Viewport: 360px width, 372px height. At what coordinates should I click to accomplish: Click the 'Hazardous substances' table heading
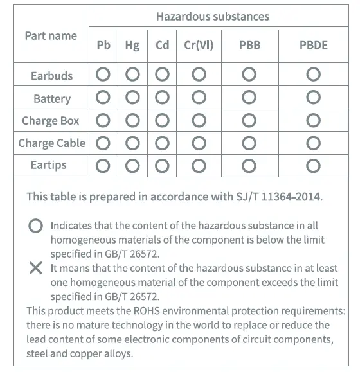[x=213, y=17]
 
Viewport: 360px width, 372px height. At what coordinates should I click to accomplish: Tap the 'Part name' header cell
[x=51, y=36]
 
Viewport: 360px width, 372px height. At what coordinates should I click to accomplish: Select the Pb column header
[x=104, y=46]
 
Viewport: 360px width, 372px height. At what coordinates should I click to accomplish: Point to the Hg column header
[x=132, y=46]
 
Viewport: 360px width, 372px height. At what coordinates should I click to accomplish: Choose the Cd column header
[x=162, y=46]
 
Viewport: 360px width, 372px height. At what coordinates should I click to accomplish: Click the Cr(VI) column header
[x=199, y=46]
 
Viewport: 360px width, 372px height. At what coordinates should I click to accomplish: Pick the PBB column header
[x=249, y=46]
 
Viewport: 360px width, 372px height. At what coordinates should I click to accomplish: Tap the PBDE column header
[x=313, y=46]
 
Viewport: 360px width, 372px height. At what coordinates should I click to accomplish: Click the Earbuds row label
[x=51, y=76]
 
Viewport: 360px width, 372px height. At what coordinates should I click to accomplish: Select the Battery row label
[x=52, y=99]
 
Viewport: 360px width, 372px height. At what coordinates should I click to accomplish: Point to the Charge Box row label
[x=51, y=121]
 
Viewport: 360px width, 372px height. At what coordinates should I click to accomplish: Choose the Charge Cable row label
[x=51, y=143]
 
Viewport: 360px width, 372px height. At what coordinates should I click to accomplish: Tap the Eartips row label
[x=49, y=165]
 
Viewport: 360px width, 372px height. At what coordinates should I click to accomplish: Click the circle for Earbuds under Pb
[x=103, y=75]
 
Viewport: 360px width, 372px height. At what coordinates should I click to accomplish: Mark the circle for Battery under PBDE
[x=313, y=98]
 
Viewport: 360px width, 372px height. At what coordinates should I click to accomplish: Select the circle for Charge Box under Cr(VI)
[x=198, y=121]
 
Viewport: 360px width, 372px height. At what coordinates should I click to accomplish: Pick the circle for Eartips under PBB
[x=249, y=165]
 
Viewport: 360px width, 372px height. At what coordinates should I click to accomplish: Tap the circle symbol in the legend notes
[x=36, y=226]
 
